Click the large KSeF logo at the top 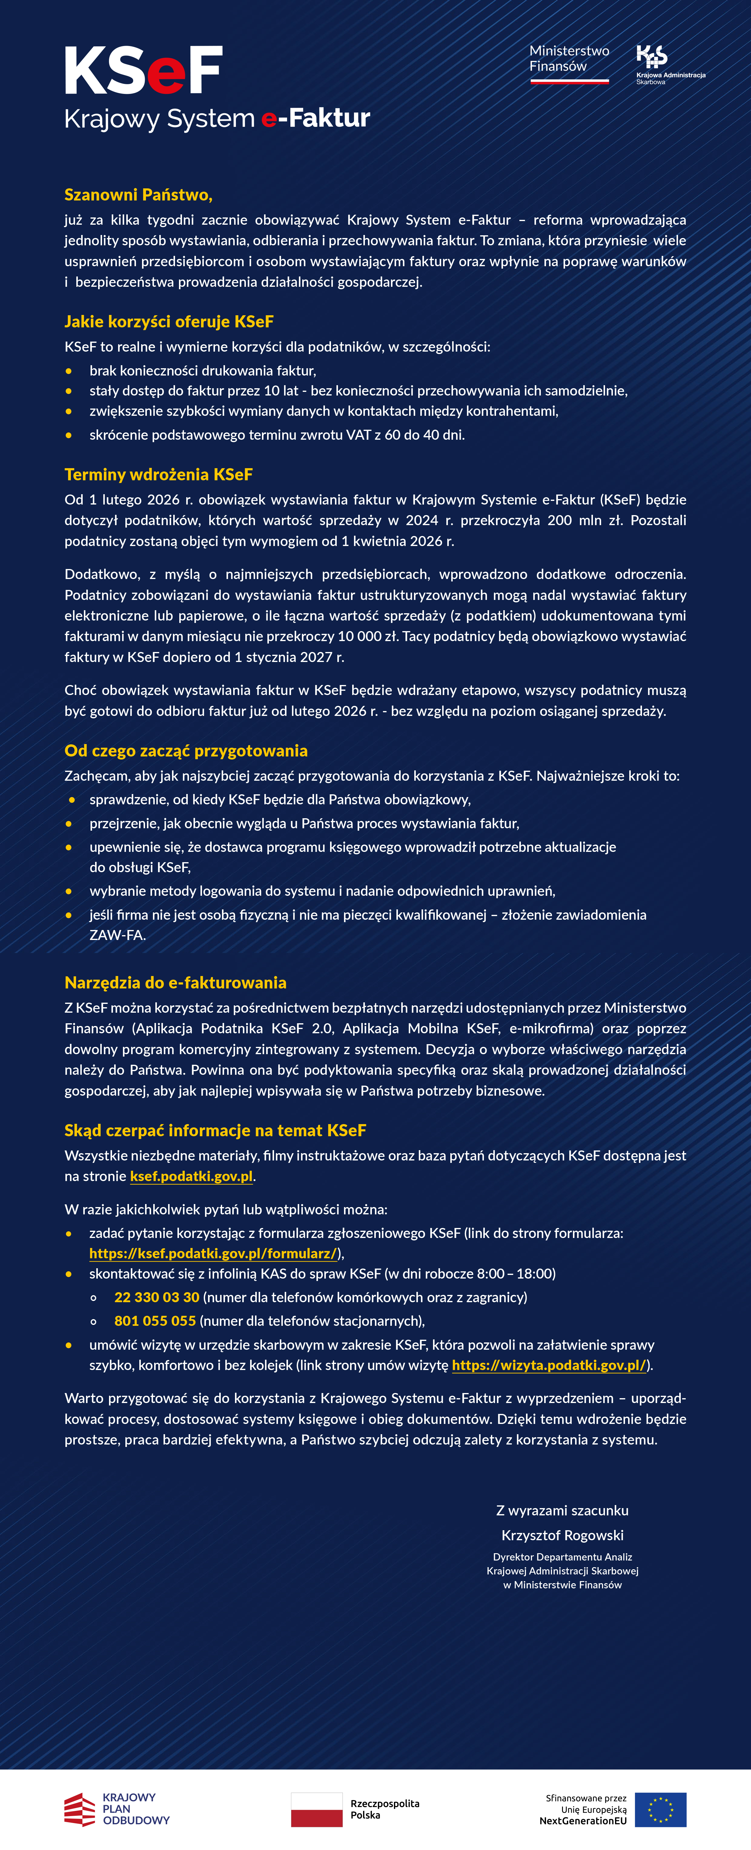(x=144, y=70)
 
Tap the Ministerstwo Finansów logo (x=569, y=63)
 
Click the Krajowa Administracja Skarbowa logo (x=669, y=65)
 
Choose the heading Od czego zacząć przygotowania (x=186, y=750)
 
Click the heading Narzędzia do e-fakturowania (x=175, y=982)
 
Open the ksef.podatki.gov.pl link (x=191, y=1177)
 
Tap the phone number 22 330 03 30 (x=157, y=1297)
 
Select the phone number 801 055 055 (x=155, y=1321)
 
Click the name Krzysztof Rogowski (x=562, y=1535)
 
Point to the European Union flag (x=660, y=1809)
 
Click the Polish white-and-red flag (x=317, y=1809)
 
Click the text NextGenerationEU (x=583, y=1821)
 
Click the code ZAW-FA (x=117, y=935)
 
